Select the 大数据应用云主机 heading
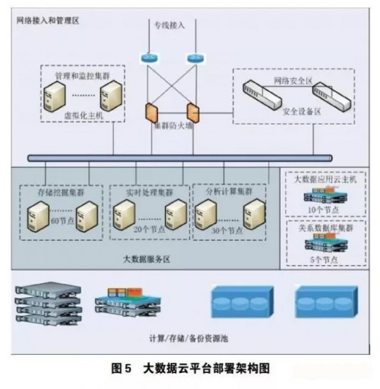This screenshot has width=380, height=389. pos(325,179)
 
